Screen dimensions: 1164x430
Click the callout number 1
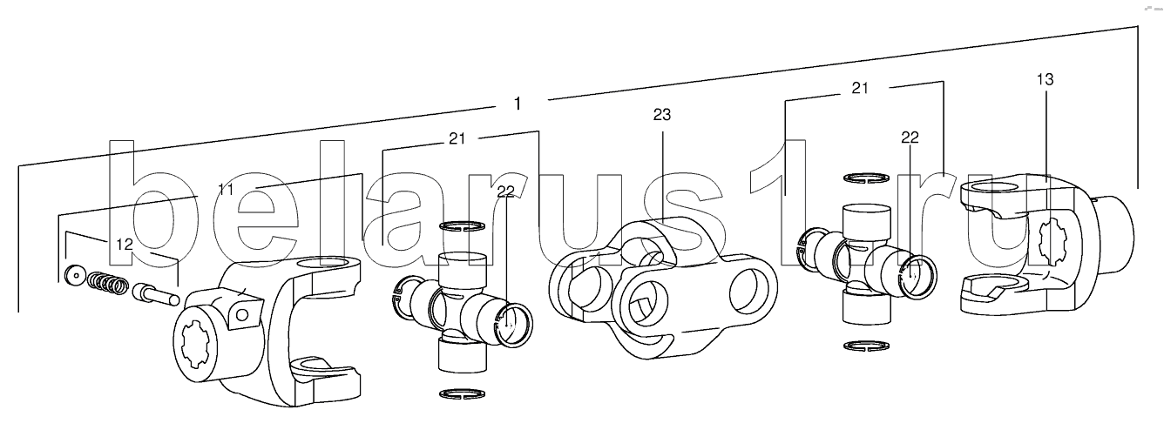click(x=517, y=104)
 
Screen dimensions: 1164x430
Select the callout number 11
click(x=225, y=190)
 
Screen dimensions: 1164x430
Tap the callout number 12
click(x=125, y=244)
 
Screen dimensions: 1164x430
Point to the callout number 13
click(x=1045, y=79)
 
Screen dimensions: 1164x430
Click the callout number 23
click(x=662, y=115)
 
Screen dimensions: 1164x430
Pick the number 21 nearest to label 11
click(x=457, y=138)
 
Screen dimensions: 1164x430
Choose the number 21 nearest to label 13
click(x=860, y=88)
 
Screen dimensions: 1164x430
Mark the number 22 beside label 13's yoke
click(x=910, y=138)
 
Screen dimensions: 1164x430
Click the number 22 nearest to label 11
click(x=505, y=191)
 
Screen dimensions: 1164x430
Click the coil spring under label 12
click(x=107, y=283)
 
